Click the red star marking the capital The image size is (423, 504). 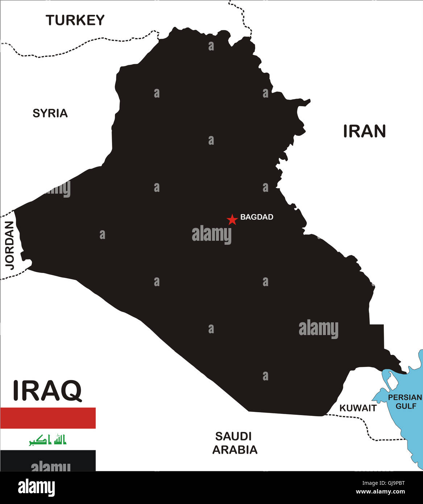(232, 219)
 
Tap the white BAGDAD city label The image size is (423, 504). (257, 217)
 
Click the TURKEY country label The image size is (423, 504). (75, 20)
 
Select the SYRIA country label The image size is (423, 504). (50, 113)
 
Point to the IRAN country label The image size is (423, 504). (364, 131)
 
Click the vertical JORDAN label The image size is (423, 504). (9, 245)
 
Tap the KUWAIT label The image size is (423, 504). (358, 408)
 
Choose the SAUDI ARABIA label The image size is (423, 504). (235, 443)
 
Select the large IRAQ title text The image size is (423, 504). (47, 391)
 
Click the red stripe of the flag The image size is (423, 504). (48, 418)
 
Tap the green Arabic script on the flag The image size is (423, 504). (48, 440)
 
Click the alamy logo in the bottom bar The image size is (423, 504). (36, 488)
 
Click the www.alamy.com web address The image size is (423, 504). (380, 492)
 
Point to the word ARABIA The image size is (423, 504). (235, 450)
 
